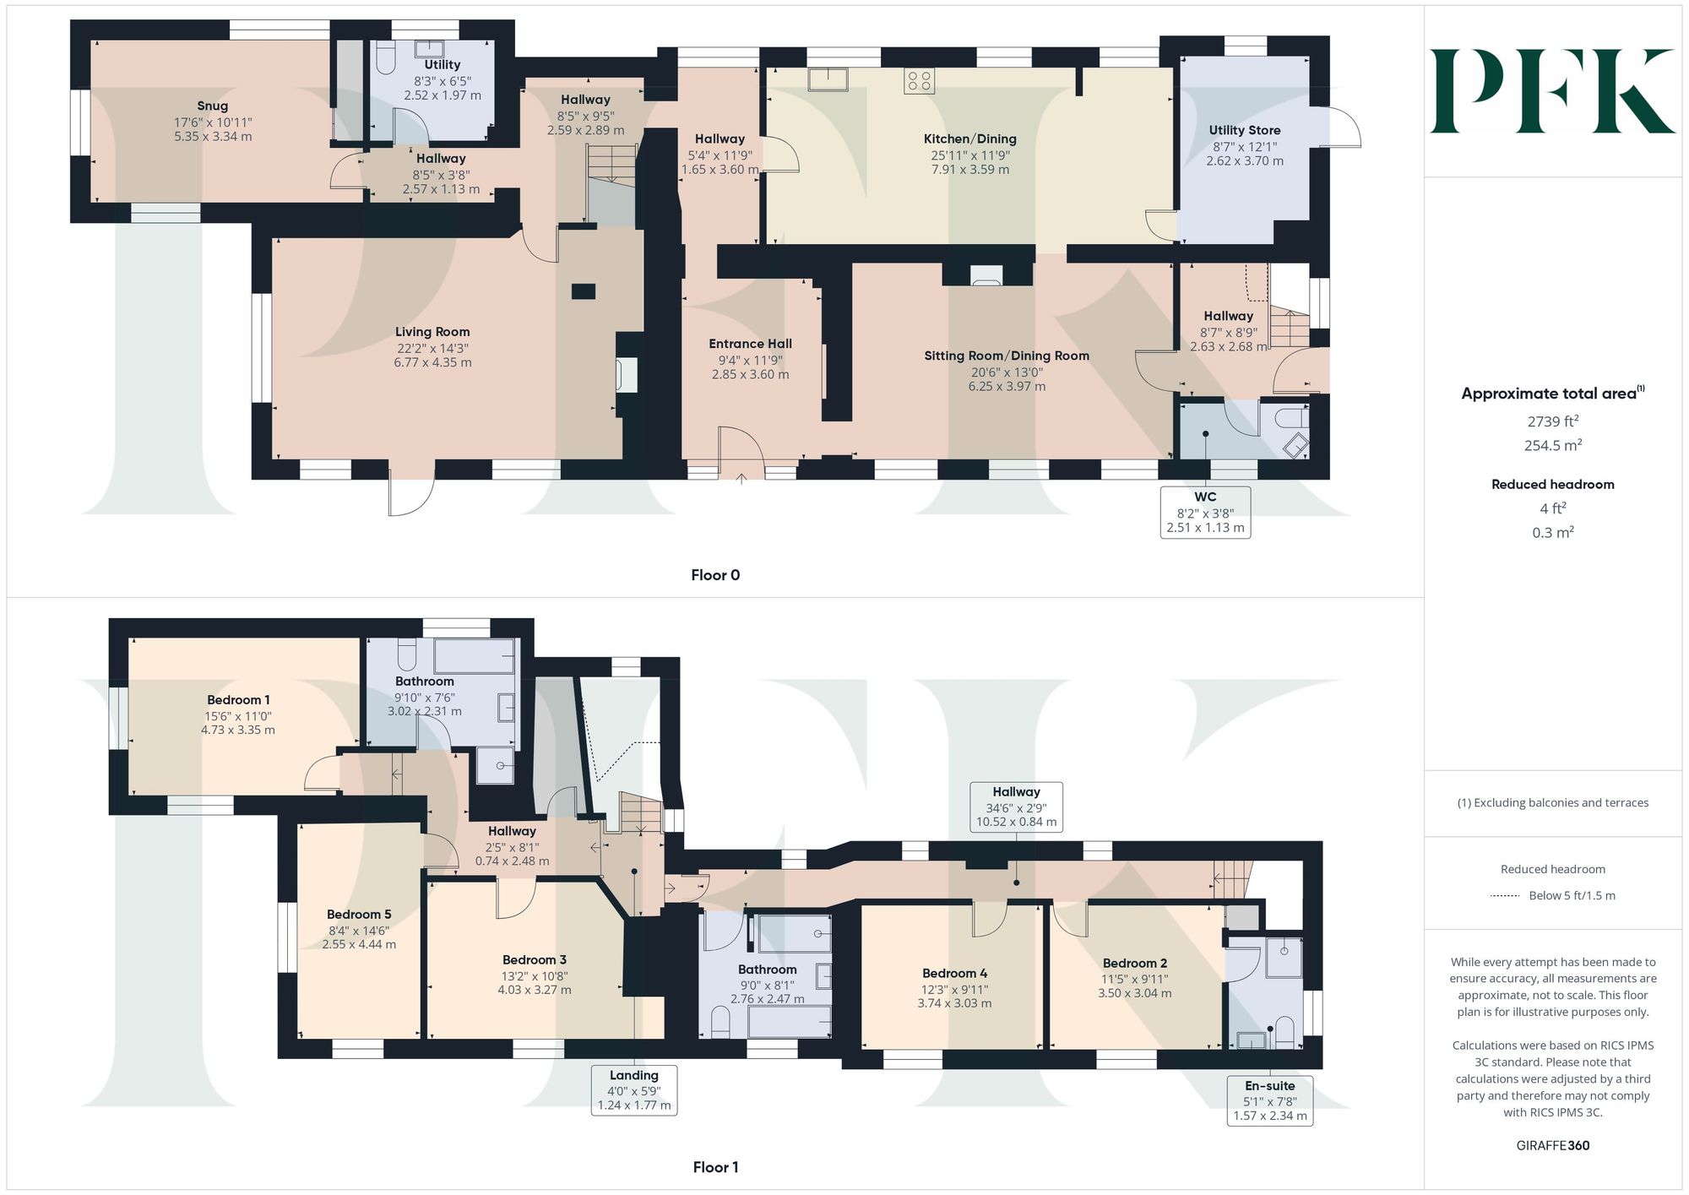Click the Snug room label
pos(213,106)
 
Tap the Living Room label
pos(432,332)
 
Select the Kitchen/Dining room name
pos(969,139)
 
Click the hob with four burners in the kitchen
pos(919,81)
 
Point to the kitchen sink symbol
pos(828,79)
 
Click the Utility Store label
pos(1244,130)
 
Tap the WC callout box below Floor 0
pos(1205,512)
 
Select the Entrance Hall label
pos(750,344)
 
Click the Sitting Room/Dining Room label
pos(1007,356)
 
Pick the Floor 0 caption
pos(715,575)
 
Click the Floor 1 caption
pos(715,1167)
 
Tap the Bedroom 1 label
pos(238,700)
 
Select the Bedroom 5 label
pos(359,915)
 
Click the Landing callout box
pos(634,1089)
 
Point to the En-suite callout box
pos(1269,1100)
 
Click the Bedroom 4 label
pos(954,974)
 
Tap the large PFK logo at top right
pos(1552,91)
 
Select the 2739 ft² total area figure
pos(1553,421)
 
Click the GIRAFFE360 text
pos(1552,1146)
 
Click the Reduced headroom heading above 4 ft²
pos(1552,484)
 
